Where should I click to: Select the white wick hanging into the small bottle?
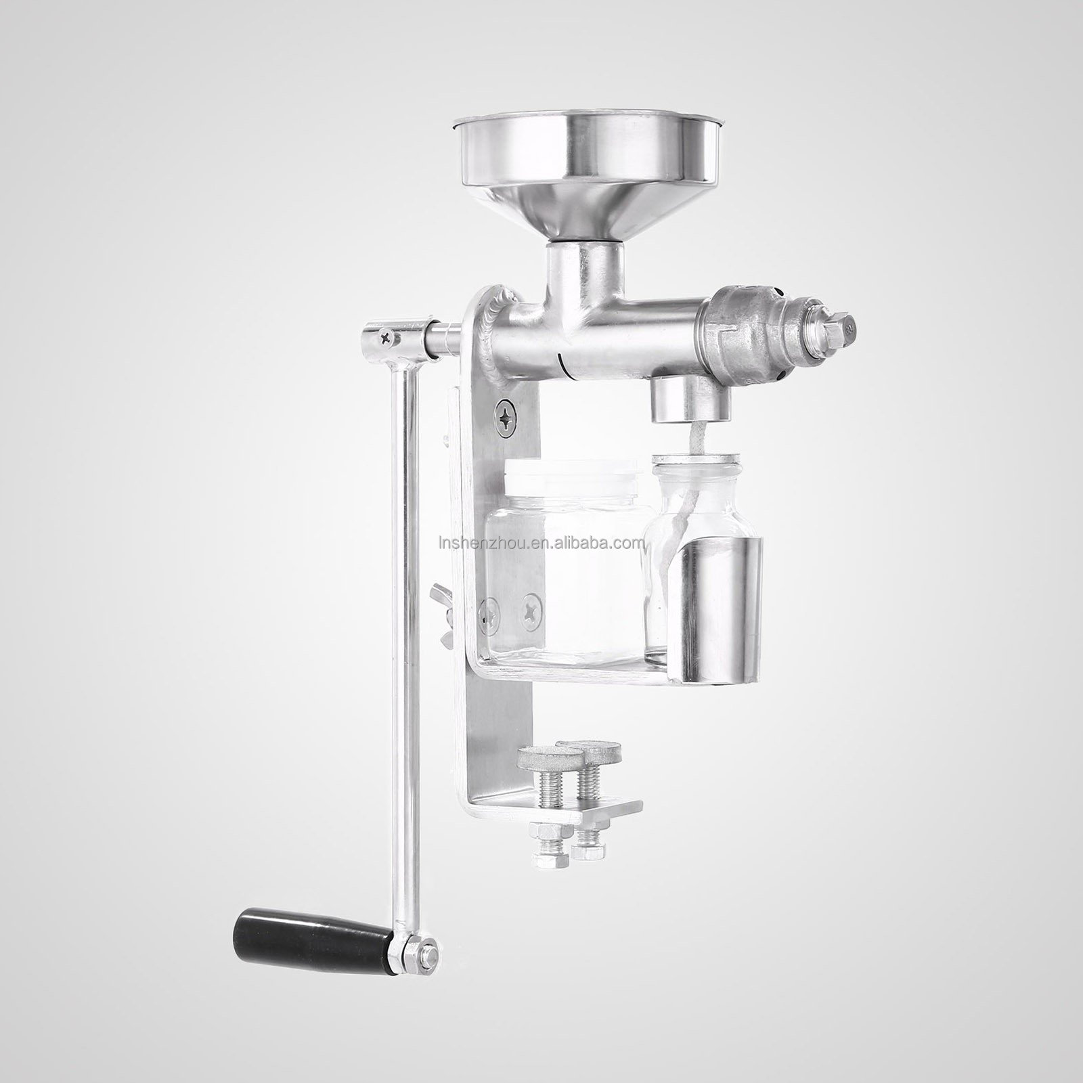coord(691,487)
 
